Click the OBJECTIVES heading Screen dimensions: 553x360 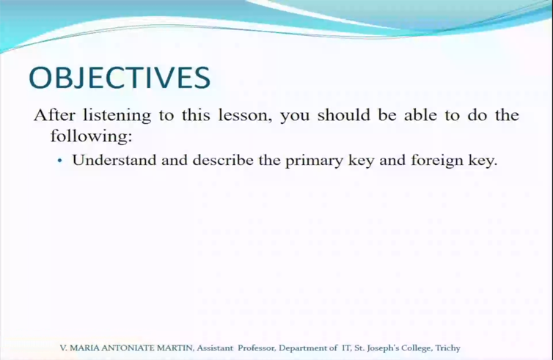(120, 78)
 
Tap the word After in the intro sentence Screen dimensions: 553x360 (54, 115)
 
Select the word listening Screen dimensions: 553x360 (117, 116)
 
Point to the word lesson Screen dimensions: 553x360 (245, 115)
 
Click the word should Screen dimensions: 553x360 (344, 115)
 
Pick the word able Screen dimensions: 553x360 (420, 115)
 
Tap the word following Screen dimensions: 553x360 (91, 136)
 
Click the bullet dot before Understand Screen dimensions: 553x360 (60, 161)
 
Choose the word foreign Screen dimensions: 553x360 (437, 161)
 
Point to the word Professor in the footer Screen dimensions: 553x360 (257, 348)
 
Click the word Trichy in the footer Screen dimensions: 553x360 (447, 348)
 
